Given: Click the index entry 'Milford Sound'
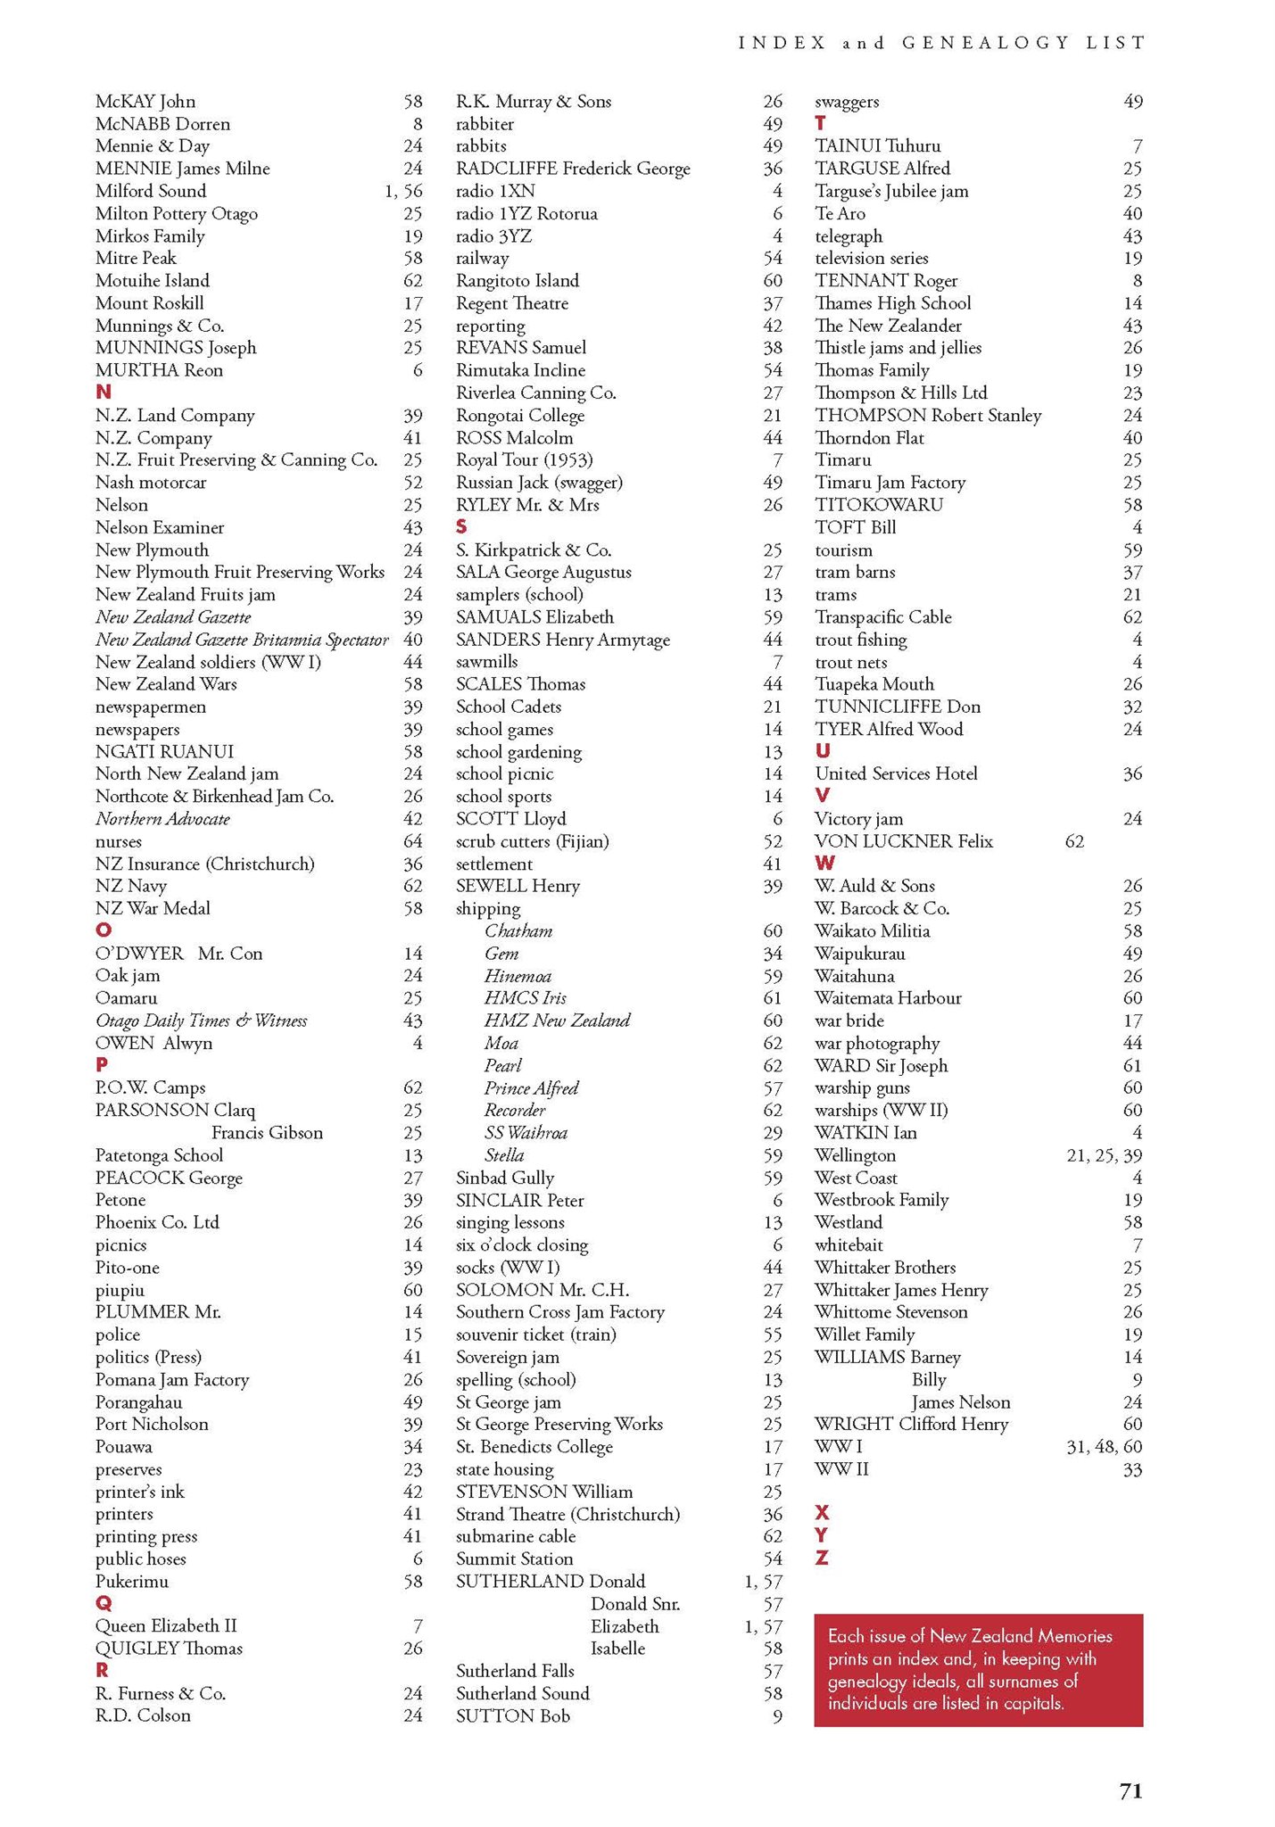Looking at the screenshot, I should (151, 191).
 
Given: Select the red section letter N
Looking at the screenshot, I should (103, 393).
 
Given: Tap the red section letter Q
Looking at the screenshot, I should (103, 1603).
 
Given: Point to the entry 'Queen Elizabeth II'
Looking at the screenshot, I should (166, 1625).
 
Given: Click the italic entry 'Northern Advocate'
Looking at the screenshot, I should (162, 819).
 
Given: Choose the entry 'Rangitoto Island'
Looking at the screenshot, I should (517, 280).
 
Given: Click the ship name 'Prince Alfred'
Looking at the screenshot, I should (532, 1087).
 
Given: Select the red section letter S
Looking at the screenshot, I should (461, 527).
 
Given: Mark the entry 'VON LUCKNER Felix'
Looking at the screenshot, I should (903, 841).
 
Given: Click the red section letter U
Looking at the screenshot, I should (822, 751).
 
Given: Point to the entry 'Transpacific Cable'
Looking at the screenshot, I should (883, 617).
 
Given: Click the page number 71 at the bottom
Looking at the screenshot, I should (1130, 1791).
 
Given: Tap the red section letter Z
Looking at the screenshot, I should (822, 1558).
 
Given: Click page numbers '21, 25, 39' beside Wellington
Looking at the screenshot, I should (1104, 1155).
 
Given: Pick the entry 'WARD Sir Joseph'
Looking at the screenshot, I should (881, 1065).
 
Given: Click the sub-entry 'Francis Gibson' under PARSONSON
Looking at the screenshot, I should (267, 1133).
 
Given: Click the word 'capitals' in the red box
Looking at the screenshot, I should (1034, 1703).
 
